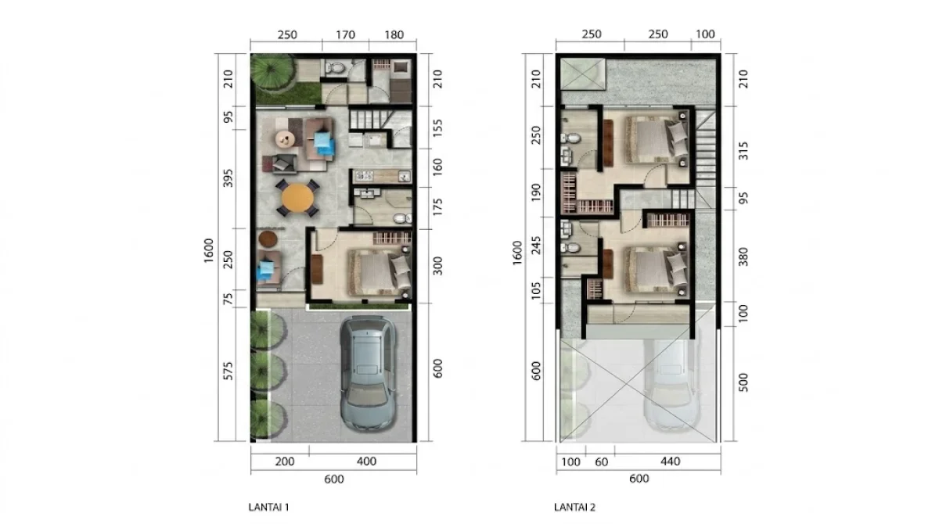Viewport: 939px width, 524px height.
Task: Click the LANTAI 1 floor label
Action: point(268,507)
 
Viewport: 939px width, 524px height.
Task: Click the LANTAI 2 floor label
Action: point(575,507)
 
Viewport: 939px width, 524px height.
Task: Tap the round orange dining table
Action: point(297,198)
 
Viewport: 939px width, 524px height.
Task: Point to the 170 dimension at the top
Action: point(345,35)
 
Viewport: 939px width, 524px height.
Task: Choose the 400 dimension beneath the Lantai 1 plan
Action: point(365,461)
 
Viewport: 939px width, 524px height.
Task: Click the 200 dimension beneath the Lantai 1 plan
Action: point(285,461)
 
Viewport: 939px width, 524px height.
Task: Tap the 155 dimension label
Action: point(437,124)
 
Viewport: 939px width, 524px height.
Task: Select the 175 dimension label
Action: point(437,207)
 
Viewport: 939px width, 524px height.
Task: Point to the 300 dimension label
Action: point(437,266)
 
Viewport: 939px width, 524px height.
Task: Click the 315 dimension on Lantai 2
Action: point(743,150)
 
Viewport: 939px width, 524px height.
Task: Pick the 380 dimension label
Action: point(743,256)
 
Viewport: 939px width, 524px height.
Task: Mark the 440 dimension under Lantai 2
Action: point(668,461)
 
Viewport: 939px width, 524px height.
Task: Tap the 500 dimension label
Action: point(743,383)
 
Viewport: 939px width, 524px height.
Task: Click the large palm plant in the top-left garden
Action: point(270,74)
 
